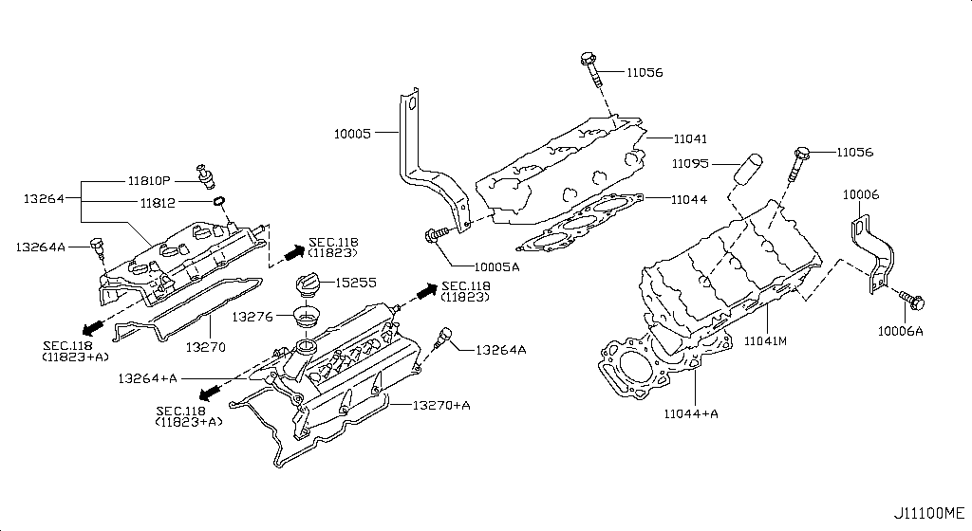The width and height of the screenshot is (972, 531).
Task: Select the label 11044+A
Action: (692, 414)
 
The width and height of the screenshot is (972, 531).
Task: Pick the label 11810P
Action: (149, 180)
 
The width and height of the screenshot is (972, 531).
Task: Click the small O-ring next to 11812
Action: (218, 201)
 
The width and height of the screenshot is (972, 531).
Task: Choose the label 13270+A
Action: (441, 405)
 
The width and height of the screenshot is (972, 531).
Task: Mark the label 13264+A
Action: (148, 378)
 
